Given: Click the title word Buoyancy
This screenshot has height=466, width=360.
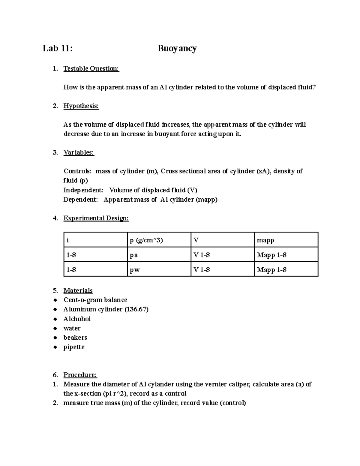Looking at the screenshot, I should (x=177, y=49).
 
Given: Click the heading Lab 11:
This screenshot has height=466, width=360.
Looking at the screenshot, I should (x=57, y=48).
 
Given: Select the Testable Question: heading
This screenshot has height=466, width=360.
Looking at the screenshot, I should (x=91, y=69).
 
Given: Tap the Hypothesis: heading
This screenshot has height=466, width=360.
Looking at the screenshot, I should (x=81, y=106).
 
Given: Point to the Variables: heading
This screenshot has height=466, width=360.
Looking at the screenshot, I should (x=79, y=152).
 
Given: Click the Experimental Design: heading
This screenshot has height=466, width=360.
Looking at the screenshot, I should (x=96, y=218).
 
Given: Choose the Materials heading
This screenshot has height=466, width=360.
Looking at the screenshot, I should (x=78, y=290).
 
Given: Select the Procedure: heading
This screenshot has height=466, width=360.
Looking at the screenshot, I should (x=80, y=375).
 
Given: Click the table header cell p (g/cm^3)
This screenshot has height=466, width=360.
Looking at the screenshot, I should (x=146, y=240).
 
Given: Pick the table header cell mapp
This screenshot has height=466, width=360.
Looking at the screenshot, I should (x=265, y=240).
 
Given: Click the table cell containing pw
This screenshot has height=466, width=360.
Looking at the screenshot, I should (x=135, y=270).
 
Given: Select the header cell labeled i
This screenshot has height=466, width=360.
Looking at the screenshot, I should (x=68, y=240).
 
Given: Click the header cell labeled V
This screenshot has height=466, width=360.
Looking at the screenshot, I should (x=196, y=240).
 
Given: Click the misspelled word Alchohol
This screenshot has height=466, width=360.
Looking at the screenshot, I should (x=77, y=319).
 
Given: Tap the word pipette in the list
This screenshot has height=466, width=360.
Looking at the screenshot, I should (x=74, y=347).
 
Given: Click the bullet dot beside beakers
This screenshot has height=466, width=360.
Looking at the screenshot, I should (x=55, y=338).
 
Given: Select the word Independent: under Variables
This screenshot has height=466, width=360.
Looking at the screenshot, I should (x=83, y=190).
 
